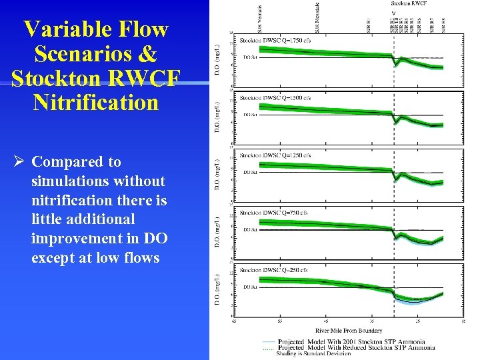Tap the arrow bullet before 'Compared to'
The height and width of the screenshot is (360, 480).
(19, 162)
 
